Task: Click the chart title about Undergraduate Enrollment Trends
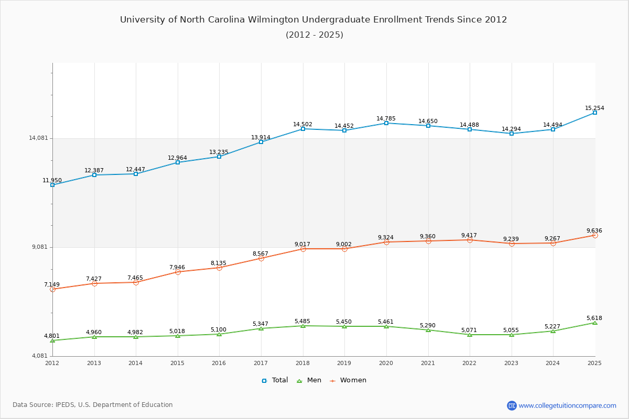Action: [x=313, y=20]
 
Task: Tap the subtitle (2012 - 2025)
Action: [x=314, y=35]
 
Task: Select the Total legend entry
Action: [x=275, y=380]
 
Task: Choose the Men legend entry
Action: [x=309, y=380]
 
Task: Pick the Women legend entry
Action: [x=348, y=380]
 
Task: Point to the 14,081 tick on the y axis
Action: [x=38, y=138]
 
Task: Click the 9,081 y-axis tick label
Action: [x=40, y=247]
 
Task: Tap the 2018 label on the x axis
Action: [x=302, y=363]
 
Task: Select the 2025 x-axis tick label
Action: [x=594, y=363]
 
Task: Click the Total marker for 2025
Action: [x=595, y=113]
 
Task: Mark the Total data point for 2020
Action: [x=386, y=123]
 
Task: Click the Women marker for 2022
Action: [x=470, y=240]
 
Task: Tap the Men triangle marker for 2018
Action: [x=303, y=326]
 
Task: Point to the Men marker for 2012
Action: [x=52, y=340]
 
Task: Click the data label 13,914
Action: [x=261, y=137]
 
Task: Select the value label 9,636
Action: [x=594, y=230]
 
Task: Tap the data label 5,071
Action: [x=469, y=330]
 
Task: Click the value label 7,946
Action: [x=177, y=267]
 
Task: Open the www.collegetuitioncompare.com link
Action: [x=567, y=405]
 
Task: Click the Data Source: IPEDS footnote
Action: [x=93, y=405]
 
